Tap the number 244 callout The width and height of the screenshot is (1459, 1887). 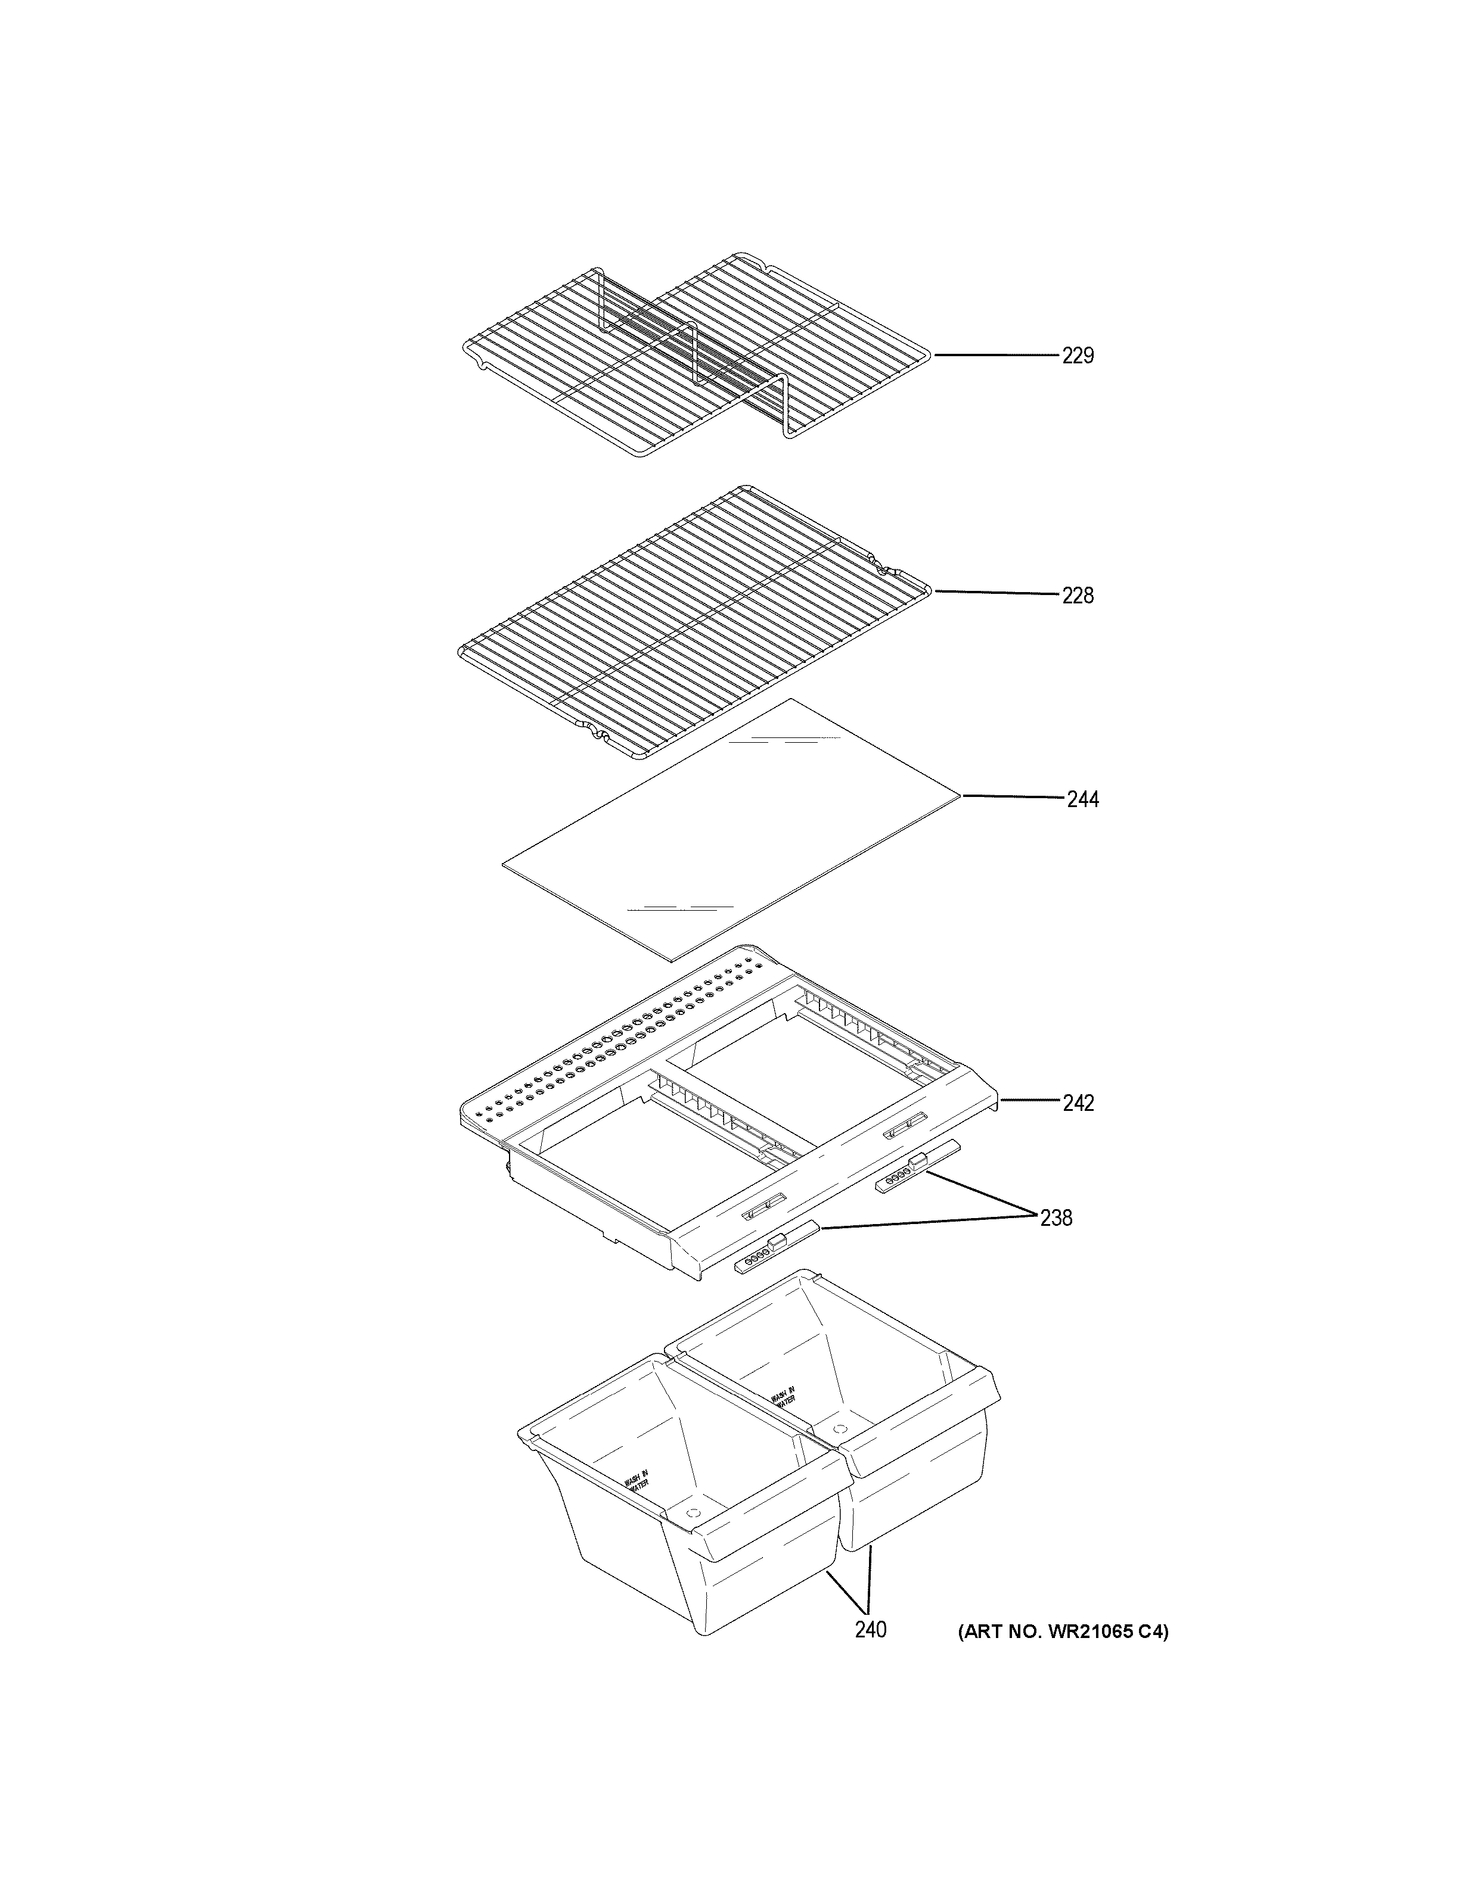click(x=1082, y=800)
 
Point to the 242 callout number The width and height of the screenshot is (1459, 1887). click(x=1078, y=1103)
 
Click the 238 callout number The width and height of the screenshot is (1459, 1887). click(x=1056, y=1218)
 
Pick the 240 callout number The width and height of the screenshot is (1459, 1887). click(x=870, y=1630)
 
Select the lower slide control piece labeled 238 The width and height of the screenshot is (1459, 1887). click(x=775, y=1246)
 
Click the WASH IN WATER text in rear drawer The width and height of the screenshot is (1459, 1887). click(x=783, y=1397)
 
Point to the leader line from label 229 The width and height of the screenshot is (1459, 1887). click(x=994, y=355)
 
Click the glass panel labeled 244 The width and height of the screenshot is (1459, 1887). click(x=730, y=830)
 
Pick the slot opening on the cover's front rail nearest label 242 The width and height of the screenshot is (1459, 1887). click(x=903, y=1126)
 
